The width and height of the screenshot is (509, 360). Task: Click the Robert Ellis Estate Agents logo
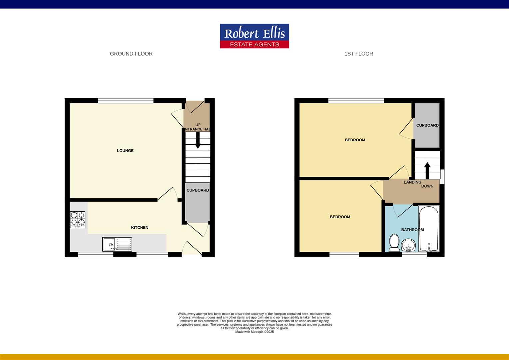point(254,36)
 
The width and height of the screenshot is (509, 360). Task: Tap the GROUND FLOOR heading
point(131,54)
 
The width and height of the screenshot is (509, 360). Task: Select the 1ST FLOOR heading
point(358,54)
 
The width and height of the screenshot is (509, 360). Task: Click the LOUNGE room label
point(125,151)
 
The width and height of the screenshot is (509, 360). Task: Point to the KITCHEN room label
point(140,228)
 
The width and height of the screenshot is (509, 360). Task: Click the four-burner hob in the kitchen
point(78,220)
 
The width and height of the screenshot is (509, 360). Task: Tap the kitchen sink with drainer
point(117,244)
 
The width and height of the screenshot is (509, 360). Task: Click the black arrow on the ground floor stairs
point(198,140)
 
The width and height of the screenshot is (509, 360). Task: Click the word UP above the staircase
point(198,125)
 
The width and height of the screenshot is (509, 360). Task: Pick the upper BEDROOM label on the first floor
point(355,140)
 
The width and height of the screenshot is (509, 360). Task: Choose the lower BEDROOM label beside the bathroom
point(340,217)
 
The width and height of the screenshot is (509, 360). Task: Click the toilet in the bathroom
point(394,243)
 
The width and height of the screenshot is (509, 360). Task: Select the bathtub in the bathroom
point(429,229)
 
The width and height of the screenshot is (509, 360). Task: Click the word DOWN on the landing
point(427,186)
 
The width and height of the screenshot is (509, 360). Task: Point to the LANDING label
point(412,182)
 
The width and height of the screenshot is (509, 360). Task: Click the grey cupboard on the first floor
point(427,125)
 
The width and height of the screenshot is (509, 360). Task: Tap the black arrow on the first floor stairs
point(427,170)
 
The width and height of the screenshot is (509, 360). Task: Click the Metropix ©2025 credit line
point(254,332)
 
